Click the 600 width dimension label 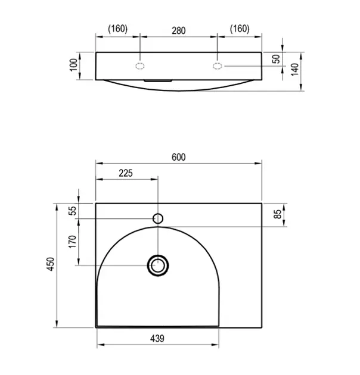pyautogui.click(x=178, y=157)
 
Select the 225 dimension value pyautogui.click(x=126, y=173)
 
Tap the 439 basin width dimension pyautogui.click(x=157, y=339)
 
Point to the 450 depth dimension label pyautogui.click(x=51, y=264)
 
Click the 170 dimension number pyautogui.click(x=72, y=242)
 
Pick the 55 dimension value pyautogui.click(x=72, y=211)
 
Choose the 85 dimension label pyautogui.click(x=277, y=214)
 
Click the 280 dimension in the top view pyautogui.click(x=178, y=30)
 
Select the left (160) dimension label pyautogui.click(x=117, y=29)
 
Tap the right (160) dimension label pyautogui.click(x=240, y=29)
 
